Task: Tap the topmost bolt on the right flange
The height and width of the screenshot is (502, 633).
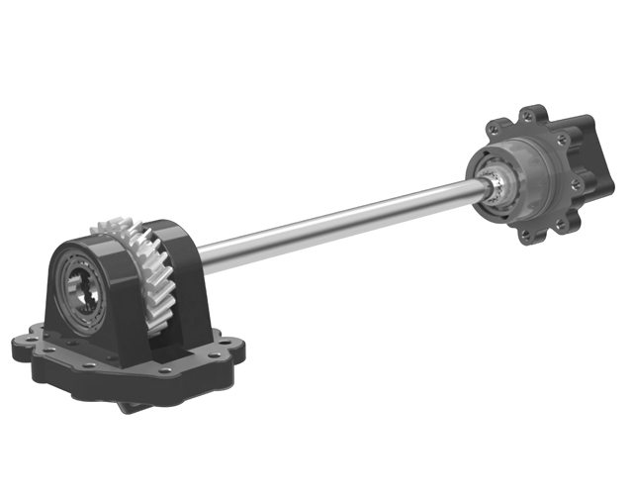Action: click(531, 112)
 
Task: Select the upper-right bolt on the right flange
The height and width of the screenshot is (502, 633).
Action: click(562, 141)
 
